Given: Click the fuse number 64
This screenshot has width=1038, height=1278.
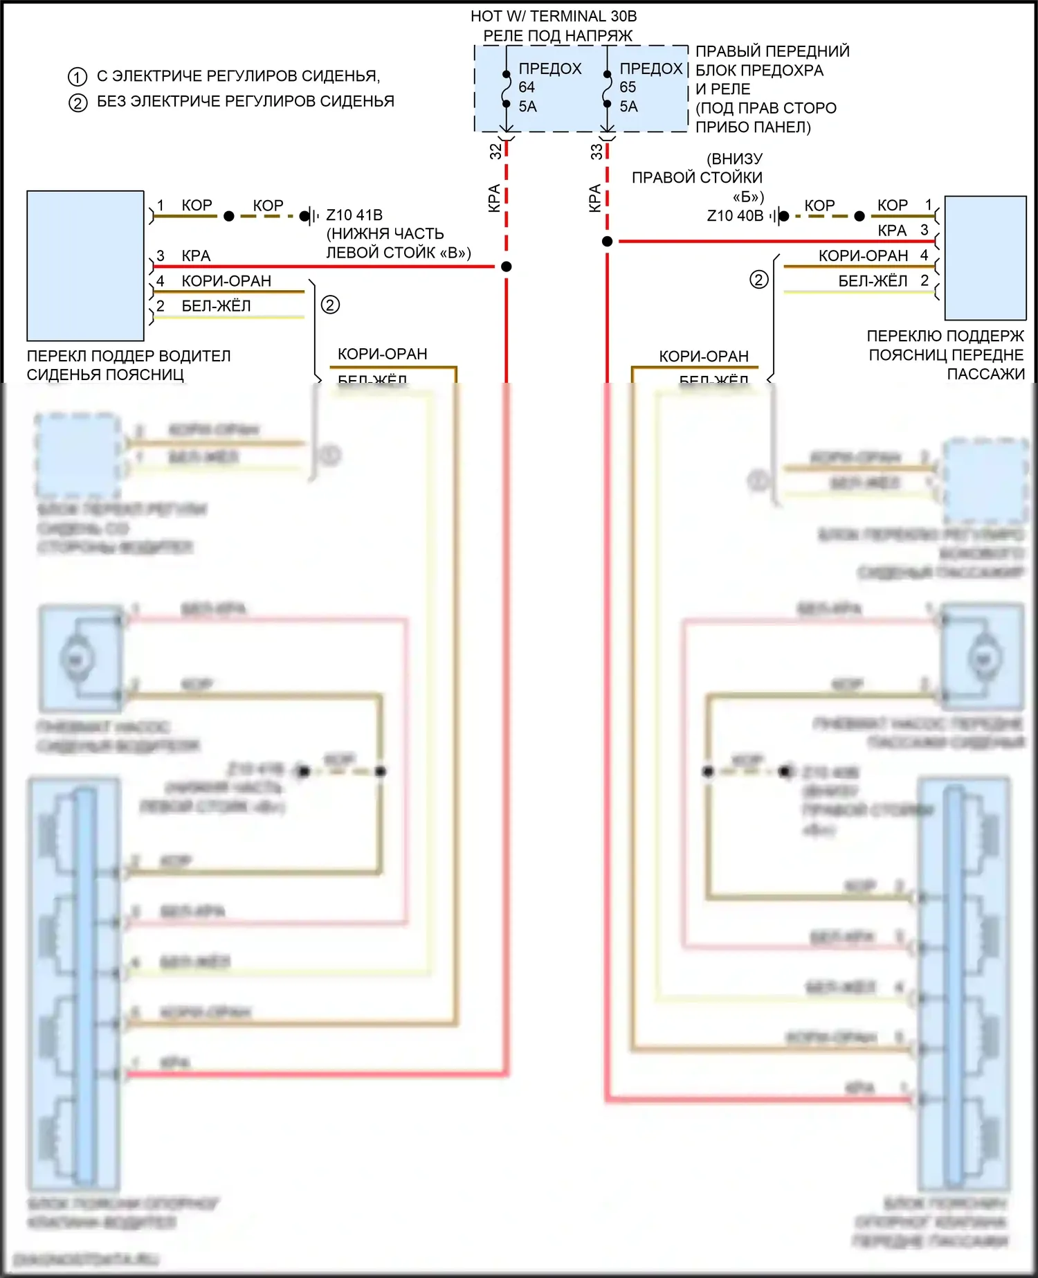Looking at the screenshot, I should [x=527, y=87].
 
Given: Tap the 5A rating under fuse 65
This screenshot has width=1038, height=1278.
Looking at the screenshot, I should [x=628, y=107].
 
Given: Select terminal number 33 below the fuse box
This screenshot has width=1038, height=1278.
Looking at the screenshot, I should [x=597, y=152].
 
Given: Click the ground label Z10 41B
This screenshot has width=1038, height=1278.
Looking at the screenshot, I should [x=354, y=215].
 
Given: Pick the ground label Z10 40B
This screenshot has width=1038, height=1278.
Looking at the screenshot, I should [x=735, y=216].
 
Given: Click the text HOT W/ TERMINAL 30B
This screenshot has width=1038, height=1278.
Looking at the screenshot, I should [x=554, y=16].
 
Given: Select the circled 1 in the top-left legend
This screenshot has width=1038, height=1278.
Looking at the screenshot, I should [x=78, y=77].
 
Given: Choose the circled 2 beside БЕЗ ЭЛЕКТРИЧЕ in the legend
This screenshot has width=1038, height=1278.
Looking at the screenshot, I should [x=78, y=103].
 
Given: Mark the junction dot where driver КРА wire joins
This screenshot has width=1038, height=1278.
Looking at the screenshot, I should [x=507, y=267].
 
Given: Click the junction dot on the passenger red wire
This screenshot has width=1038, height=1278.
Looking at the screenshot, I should [x=607, y=242].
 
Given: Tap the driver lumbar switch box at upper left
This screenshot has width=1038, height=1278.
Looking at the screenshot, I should [x=85, y=266].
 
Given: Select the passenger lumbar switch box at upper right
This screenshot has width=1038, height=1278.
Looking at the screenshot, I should [x=985, y=258].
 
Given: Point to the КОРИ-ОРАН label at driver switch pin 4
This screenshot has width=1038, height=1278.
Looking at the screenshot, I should [x=226, y=281].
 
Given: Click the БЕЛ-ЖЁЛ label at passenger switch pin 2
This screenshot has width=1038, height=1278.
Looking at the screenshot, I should [x=873, y=281].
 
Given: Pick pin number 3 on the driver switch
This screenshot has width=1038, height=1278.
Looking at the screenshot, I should [x=161, y=256].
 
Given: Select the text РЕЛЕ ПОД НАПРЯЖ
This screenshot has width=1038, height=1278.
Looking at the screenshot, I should [x=558, y=35].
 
